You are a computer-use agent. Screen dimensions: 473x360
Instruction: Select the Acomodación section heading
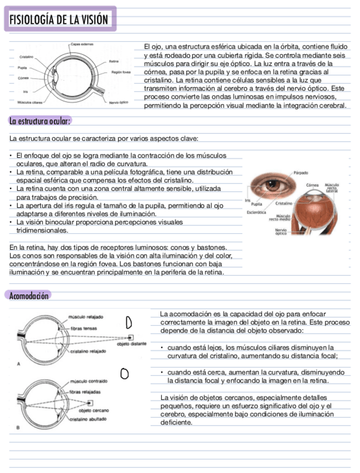pyautogui.click(x=30, y=296)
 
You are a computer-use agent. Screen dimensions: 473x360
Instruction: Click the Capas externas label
pyautogui.click(x=82, y=44)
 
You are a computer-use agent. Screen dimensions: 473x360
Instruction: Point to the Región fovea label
pyautogui.click(x=121, y=72)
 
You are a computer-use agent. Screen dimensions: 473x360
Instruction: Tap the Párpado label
pyautogui.click(x=301, y=172)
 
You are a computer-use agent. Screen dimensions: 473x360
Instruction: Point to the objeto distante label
pyautogui.click(x=132, y=344)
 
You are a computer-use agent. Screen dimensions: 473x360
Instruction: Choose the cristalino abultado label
pyautogui.click(x=88, y=419)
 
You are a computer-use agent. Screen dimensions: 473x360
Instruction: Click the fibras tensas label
pyautogui.click(x=84, y=329)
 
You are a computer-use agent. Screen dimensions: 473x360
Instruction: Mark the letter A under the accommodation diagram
pyautogui.click(x=20, y=364)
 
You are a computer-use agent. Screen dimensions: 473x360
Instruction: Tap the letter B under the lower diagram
pyautogui.click(x=18, y=428)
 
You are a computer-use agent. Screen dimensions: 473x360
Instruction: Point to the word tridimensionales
pyautogui.click(x=42, y=230)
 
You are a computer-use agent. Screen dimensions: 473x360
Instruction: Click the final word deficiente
pyautogui.click(x=177, y=422)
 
